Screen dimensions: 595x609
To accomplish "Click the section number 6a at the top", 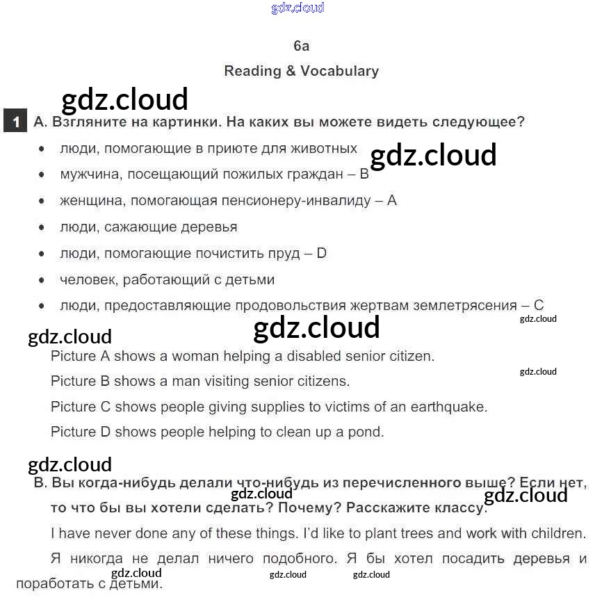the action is coord(301,46).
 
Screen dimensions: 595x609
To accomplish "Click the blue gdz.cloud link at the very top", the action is coord(297,8).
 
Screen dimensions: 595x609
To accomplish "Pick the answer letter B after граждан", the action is coord(364,174).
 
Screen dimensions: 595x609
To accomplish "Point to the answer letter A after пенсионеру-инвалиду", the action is coord(391,201).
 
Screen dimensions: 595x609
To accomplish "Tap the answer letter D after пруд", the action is coord(321,254).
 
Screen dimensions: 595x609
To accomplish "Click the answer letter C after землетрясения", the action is coord(539,305).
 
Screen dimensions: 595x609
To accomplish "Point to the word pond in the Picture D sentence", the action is coord(368,432).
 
